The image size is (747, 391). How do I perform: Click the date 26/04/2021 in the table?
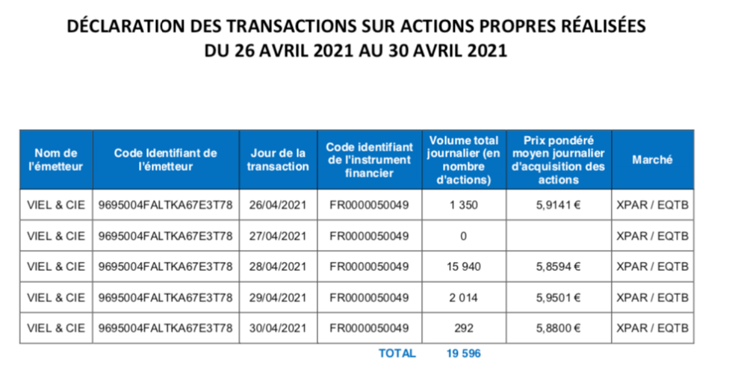pyautogui.click(x=277, y=205)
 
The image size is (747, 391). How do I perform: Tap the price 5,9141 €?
pyautogui.click(x=558, y=205)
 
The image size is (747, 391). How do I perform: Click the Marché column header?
pyautogui.click(x=652, y=160)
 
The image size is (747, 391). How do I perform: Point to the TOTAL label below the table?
pyautogui.click(x=397, y=354)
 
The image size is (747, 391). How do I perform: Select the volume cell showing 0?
pyautogui.click(x=463, y=236)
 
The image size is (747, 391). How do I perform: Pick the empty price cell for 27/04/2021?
pyautogui.click(x=558, y=236)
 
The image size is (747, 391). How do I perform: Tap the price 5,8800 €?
pyautogui.click(x=558, y=328)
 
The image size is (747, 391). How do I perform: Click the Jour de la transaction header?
pyautogui.click(x=277, y=160)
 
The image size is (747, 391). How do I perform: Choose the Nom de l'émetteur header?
pyautogui.click(x=56, y=160)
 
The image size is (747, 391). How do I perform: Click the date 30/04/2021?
pyautogui.click(x=277, y=328)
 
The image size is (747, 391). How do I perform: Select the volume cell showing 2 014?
pyautogui.click(x=463, y=297)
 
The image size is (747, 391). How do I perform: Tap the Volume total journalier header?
pyautogui.click(x=463, y=160)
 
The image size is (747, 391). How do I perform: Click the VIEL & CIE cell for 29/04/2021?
pyautogui.click(x=56, y=297)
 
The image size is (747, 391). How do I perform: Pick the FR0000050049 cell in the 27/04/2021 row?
pyautogui.click(x=369, y=236)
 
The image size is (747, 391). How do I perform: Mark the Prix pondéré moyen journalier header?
pyautogui.click(x=558, y=160)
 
